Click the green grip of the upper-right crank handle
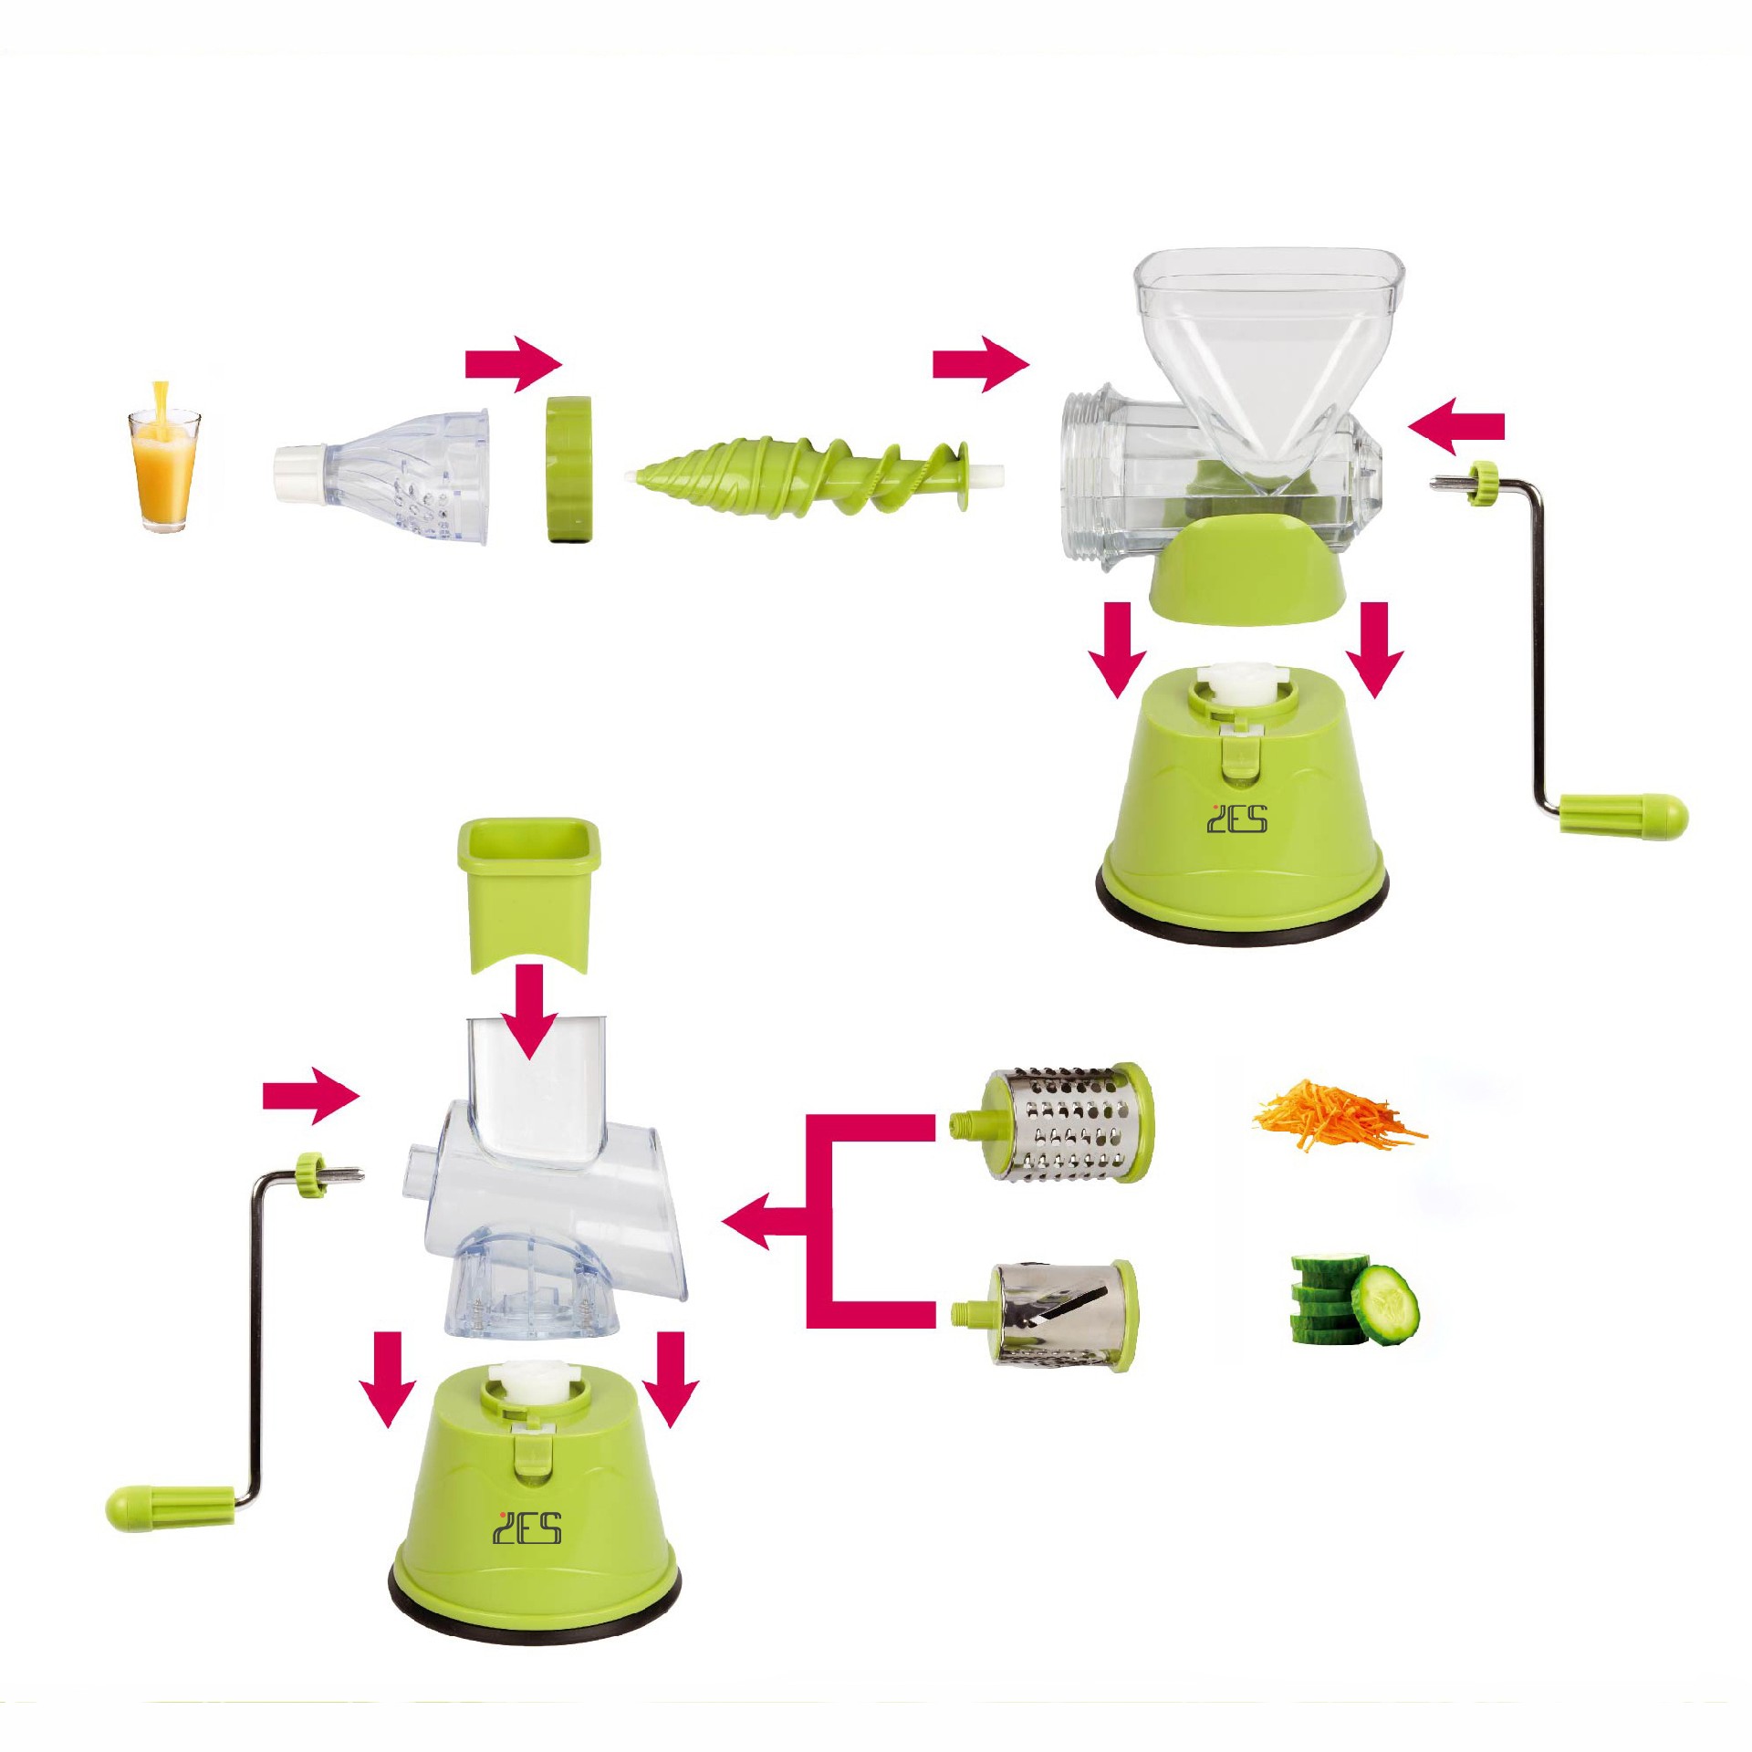tap(1623, 813)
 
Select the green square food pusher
tap(528, 893)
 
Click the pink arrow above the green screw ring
tap(514, 364)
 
